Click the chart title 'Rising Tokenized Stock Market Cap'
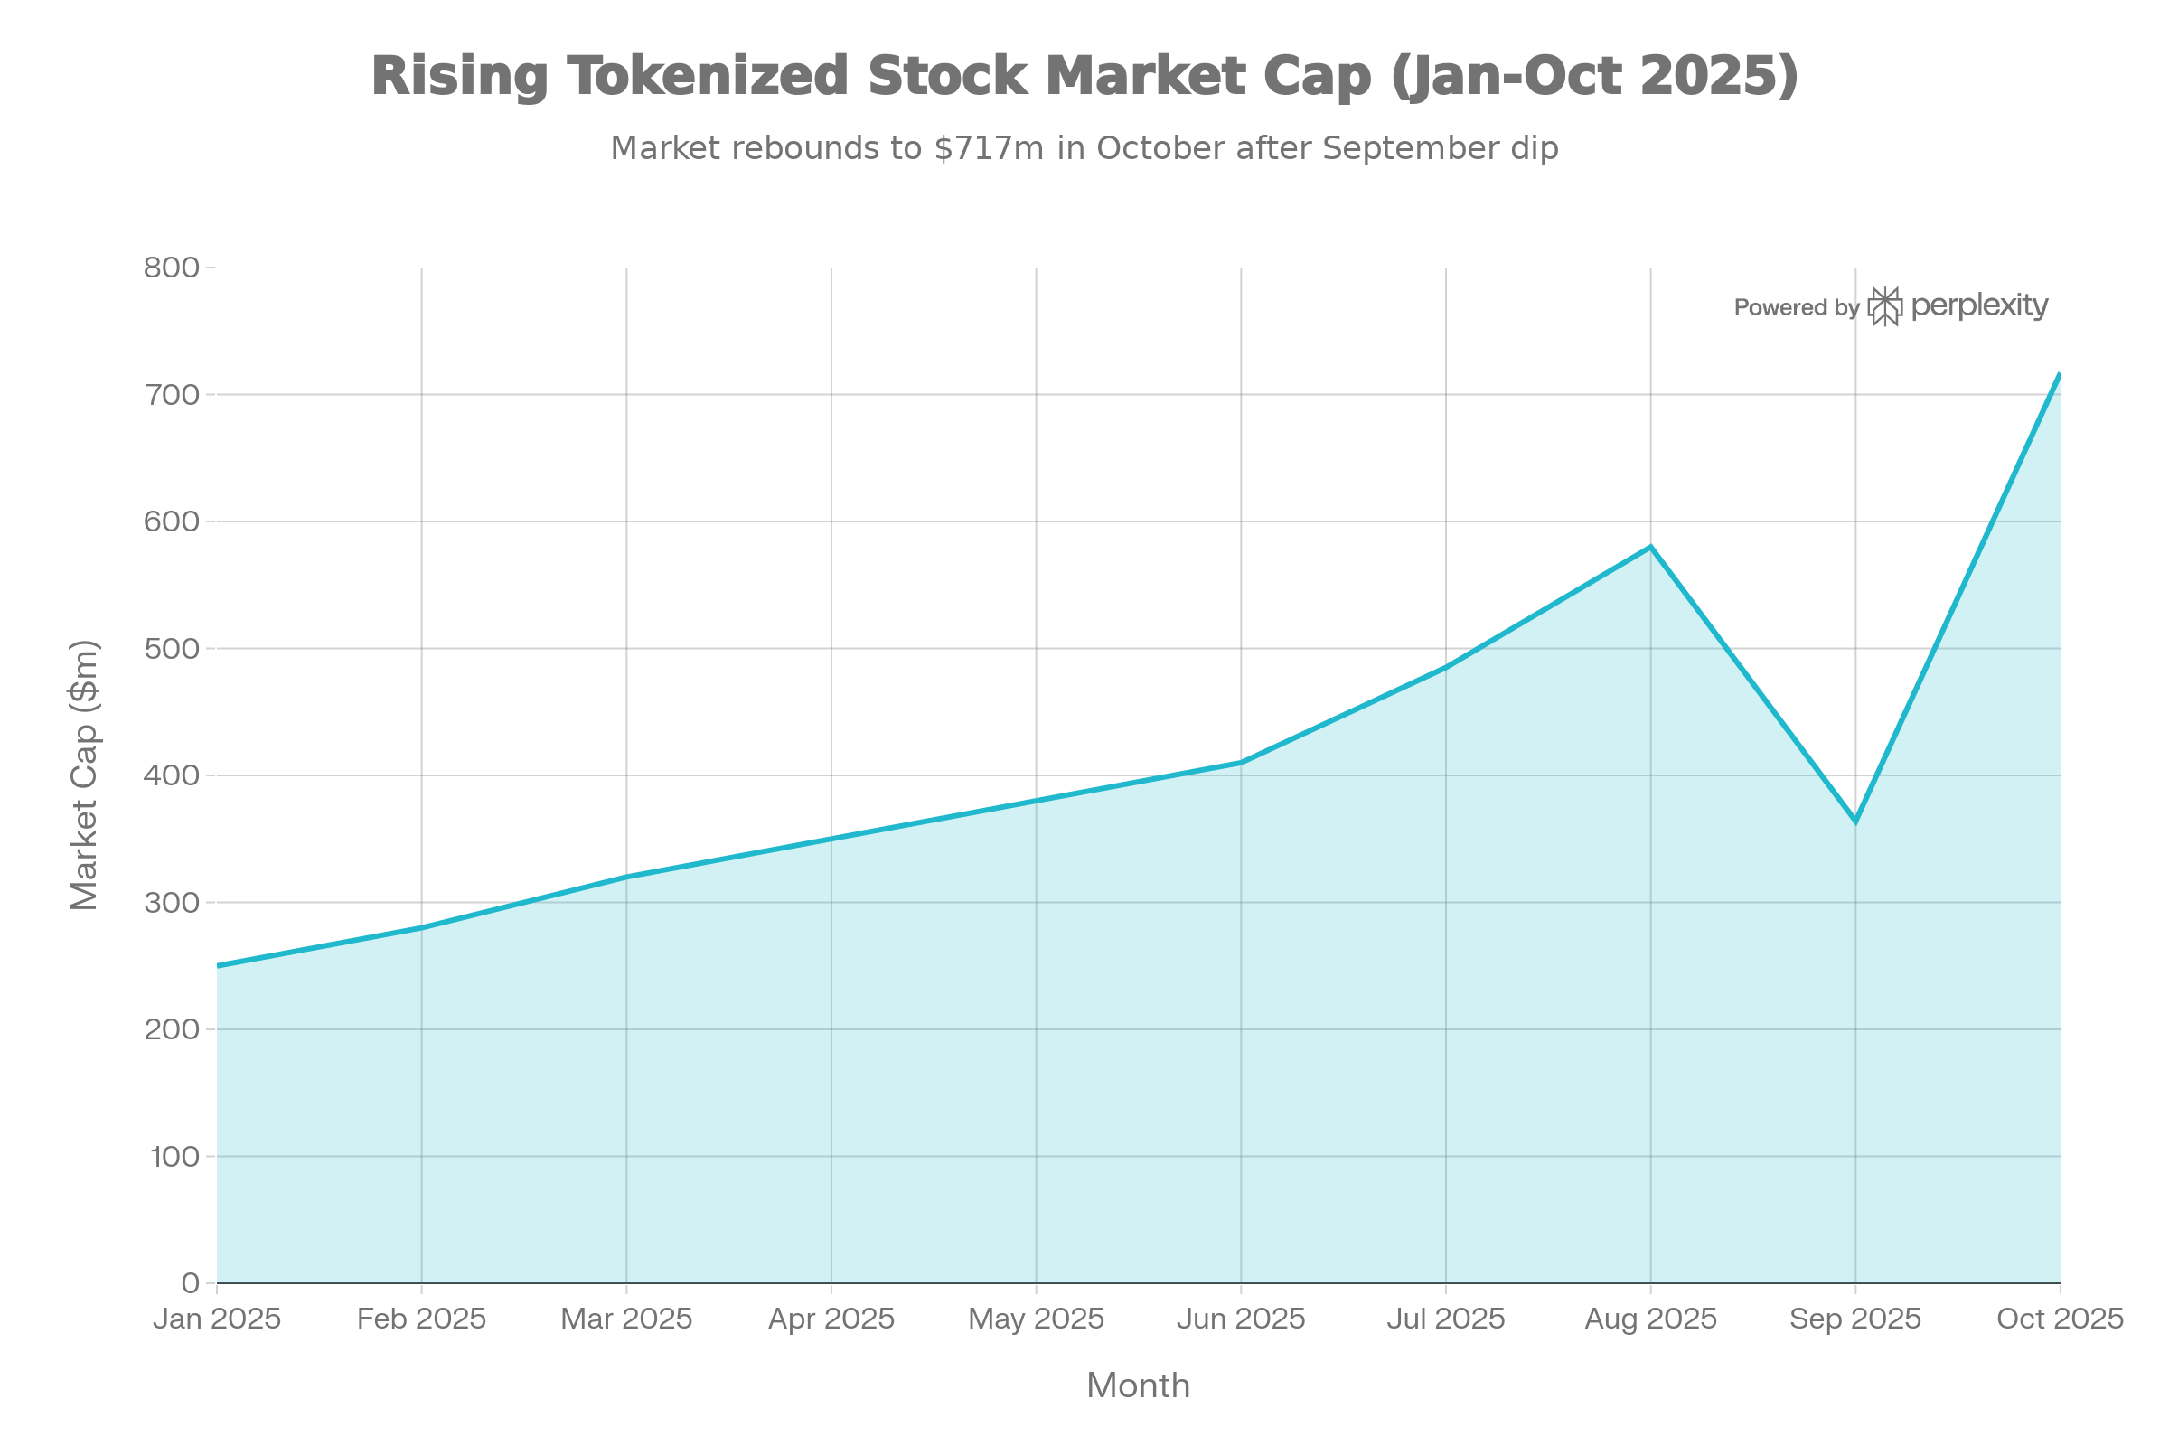pos(1084,76)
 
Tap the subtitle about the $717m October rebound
pos(1084,147)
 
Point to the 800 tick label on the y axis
pos(172,268)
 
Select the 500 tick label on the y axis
pos(172,648)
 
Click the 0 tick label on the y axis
pos(191,1282)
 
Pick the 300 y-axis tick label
pos(172,902)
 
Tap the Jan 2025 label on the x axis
pos(217,1319)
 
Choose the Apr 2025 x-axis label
pos(831,1319)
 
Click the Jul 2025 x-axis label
pos(1445,1319)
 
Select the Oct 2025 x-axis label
pos(2060,1319)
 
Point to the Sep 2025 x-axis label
pos(1854,1319)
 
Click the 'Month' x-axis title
pos(1138,1385)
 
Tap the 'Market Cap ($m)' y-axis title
pos(84,775)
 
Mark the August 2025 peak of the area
pos(1650,545)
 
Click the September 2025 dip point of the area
pos(1854,813)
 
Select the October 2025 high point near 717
pos(2059,373)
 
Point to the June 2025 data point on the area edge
pos(1240,760)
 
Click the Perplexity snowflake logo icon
pos(1885,306)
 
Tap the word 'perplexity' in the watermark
pos(1979,305)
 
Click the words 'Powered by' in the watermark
pos(1796,307)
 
